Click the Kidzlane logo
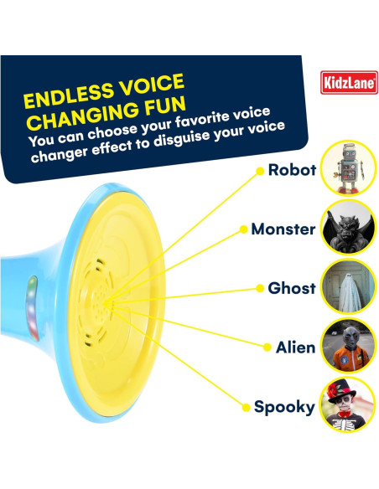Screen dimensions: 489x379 point(349,82)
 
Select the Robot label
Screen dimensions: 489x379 point(292,171)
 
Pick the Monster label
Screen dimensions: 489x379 point(283,229)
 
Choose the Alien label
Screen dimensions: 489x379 point(295,347)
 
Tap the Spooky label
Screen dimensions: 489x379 point(284,408)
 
